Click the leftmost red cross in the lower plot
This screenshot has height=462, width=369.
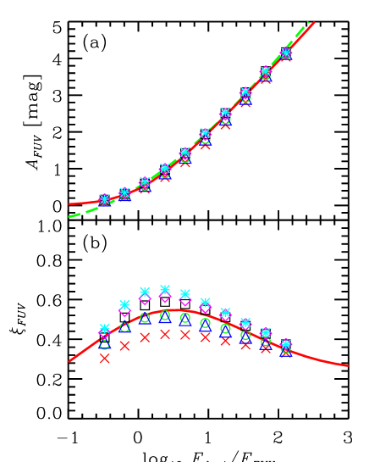(x=104, y=359)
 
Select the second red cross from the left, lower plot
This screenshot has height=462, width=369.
(x=124, y=345)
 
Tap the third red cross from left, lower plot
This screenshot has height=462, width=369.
(x=145, y=337)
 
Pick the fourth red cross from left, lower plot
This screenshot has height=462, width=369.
(x=165, y=334)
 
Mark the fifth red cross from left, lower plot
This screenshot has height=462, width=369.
(x=185, y=334)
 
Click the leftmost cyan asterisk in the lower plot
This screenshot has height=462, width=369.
(x=104, y=328)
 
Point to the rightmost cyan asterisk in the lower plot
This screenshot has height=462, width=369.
(x=286, y=343)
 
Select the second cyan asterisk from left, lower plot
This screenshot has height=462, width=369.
(x=124, y=304)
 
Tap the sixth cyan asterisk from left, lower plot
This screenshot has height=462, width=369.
(x=205, y=302)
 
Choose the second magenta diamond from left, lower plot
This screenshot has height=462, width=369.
(x=124, y=310)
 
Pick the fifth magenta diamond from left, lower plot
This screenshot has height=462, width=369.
(x=185, y=300)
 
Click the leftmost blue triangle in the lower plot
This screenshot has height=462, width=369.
(x=104, y=344)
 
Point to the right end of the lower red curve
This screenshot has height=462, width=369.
(x=347, y=365)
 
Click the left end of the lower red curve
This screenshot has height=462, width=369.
(x=69, y=361)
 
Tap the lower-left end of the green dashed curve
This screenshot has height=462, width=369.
(x=69, y=216)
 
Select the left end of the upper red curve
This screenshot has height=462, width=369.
(x=69, y=203)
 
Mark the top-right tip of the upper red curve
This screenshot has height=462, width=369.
(x=314, y=22)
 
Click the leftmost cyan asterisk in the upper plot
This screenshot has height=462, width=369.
(x=104, y=199)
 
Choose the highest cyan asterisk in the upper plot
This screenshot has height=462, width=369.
(x=286, y=53)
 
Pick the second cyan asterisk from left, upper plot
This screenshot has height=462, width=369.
(x=124, y=192)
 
